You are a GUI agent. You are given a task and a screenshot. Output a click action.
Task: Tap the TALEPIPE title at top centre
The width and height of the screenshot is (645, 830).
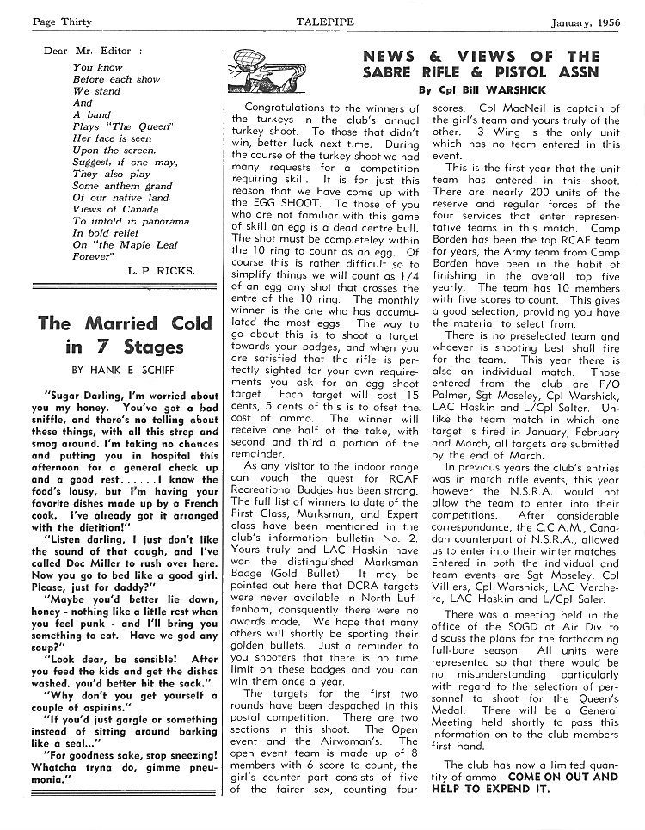tap(323, 19)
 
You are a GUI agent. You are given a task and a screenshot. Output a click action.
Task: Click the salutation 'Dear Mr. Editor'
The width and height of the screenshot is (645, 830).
tap(88, 51)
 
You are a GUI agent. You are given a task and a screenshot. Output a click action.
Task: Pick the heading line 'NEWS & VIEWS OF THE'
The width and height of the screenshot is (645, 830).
tap(481, 57)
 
